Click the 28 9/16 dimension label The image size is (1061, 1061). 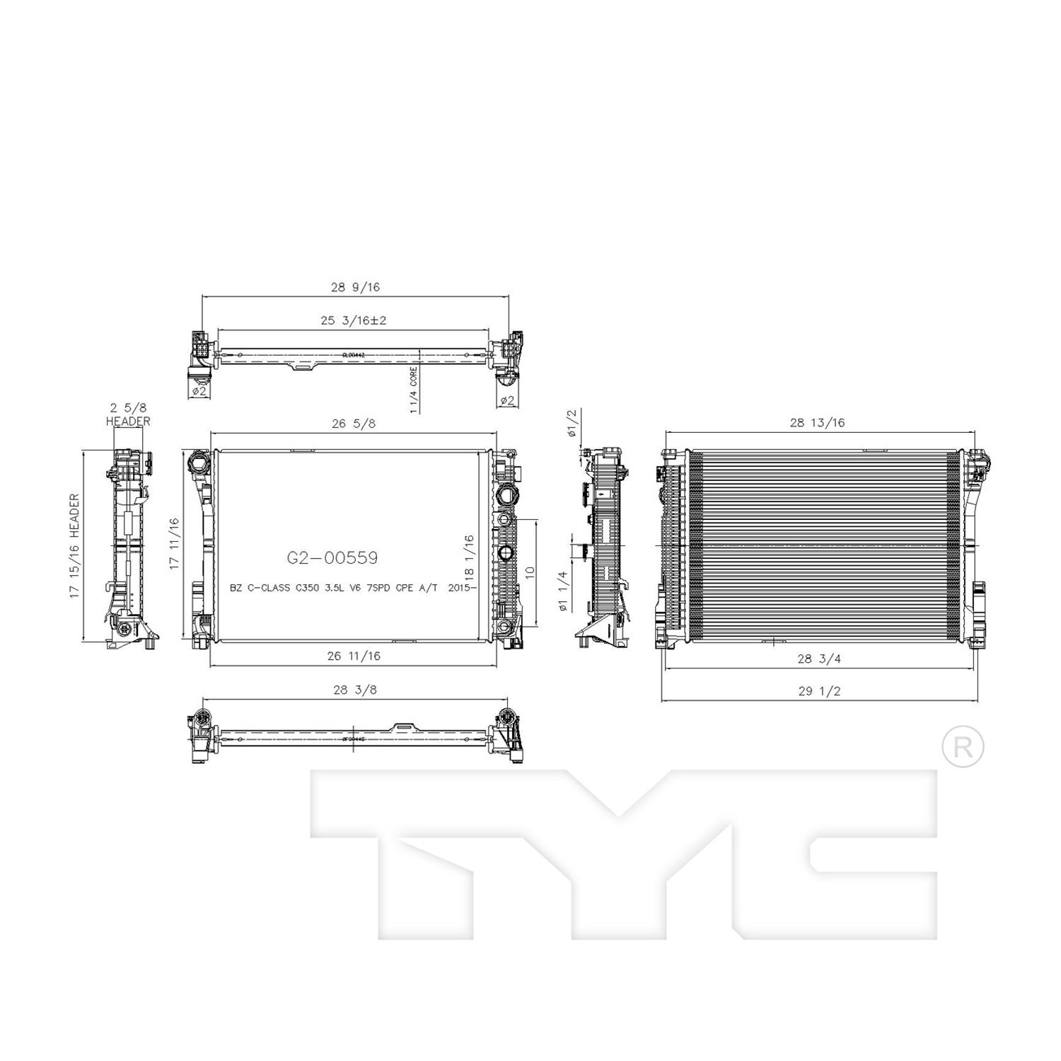[x=355, y=287]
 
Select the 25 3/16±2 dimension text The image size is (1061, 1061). [x=354, y=320]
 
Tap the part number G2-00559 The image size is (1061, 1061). [x=332, y=558]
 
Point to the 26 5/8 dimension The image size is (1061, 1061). [x=353, y=423]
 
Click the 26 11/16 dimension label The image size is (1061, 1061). [x=354, y=656]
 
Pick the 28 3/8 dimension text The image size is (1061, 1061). [x=354, y=690]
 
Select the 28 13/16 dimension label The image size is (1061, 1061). [x=817, y=423]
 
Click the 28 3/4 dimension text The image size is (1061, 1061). [x=819, y=659]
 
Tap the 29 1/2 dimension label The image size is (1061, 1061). [x=819, y=691]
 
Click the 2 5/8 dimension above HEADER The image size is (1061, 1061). [x=128, y=407]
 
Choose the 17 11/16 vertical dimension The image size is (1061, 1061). [x=174, y=545]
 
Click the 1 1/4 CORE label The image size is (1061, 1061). [x=414, y=390]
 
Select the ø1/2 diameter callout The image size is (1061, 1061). [x=572, y=423]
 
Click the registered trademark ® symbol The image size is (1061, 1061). [x=963, y=746]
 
